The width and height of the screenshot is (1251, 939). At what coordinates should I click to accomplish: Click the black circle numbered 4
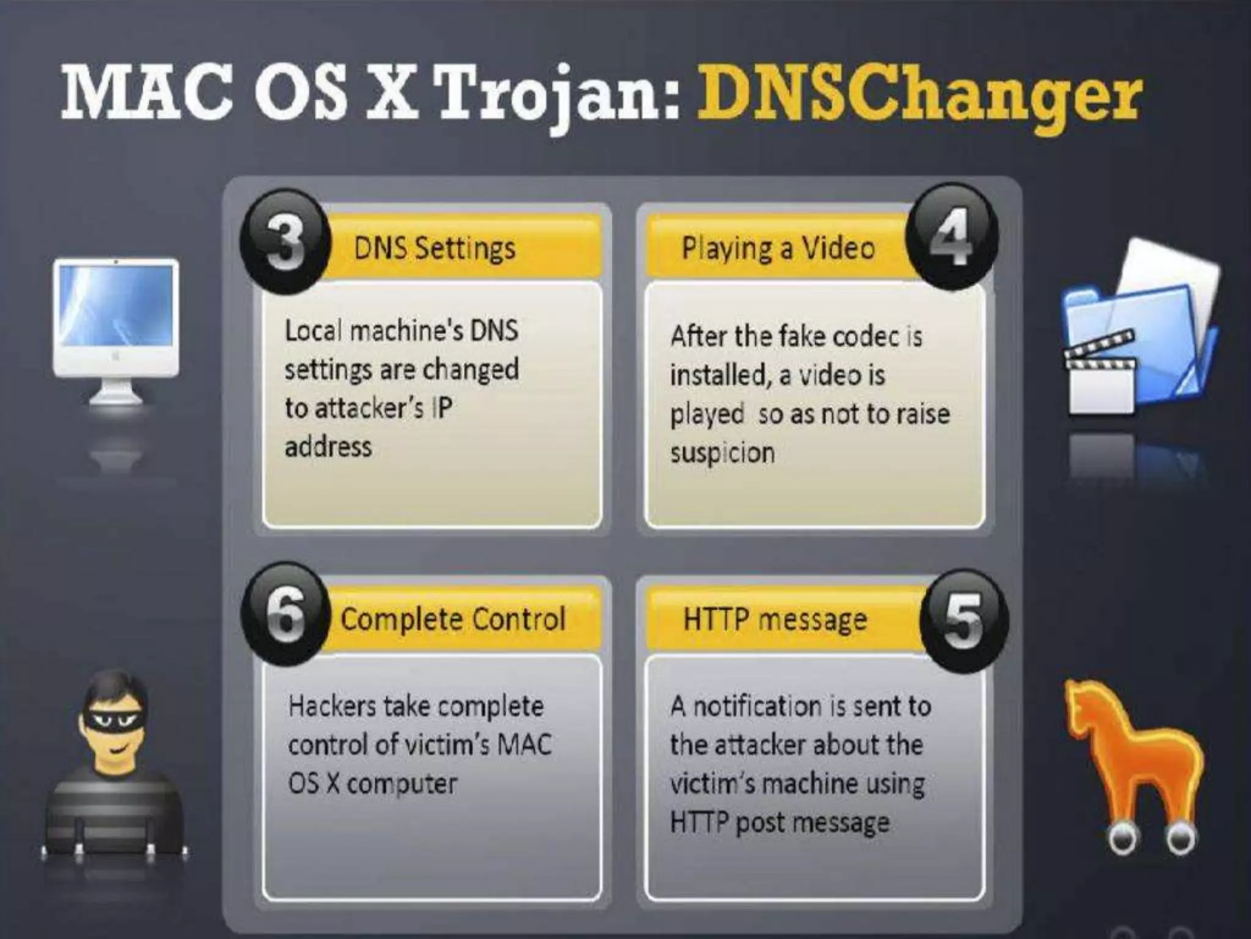pyautogui.click(x=951, y=237)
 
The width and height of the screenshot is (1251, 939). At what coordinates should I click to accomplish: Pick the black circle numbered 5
pyautogui.click(x=962, y=620)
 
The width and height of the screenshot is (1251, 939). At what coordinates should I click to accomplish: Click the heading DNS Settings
pyautogui.click(x=434, y=249)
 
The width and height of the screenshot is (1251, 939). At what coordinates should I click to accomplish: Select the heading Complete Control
pyautogui.click(x=453, y=619)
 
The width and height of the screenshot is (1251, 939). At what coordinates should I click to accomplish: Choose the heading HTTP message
pyautogui.click(x=775, y=619)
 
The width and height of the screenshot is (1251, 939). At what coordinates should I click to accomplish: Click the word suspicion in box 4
pyautogui.click(x=722, y=453)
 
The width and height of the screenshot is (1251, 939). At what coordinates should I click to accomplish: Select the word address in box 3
pyautogui.click(x=328, y=447)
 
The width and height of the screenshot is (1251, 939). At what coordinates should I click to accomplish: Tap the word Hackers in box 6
pyautogui.click(x=332, y=706)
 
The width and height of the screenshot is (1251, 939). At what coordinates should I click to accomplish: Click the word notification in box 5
pyautogui.click(x=757, y=706)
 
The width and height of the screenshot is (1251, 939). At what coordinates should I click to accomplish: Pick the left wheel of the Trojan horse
pyautogui.click(x=1123, y=841)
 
